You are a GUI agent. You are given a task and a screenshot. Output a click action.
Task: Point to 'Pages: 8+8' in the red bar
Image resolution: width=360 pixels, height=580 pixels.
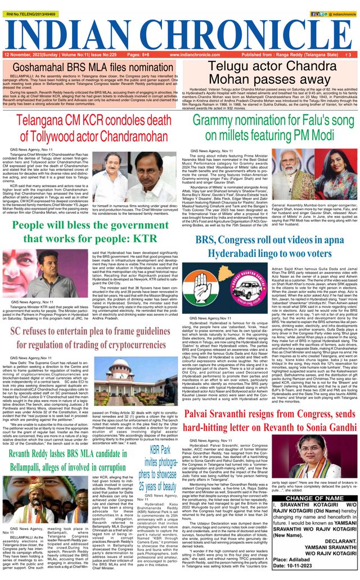pos(138,55)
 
